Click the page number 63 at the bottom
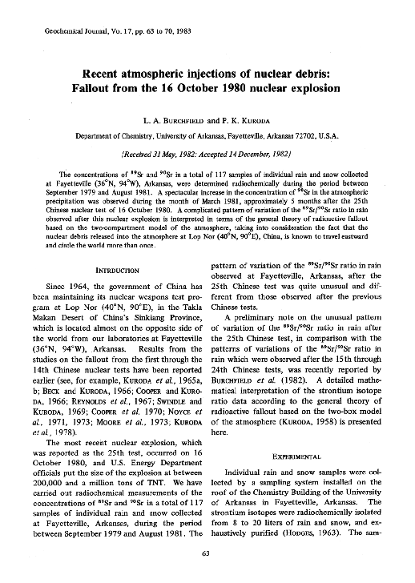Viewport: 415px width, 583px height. (207, 553)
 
